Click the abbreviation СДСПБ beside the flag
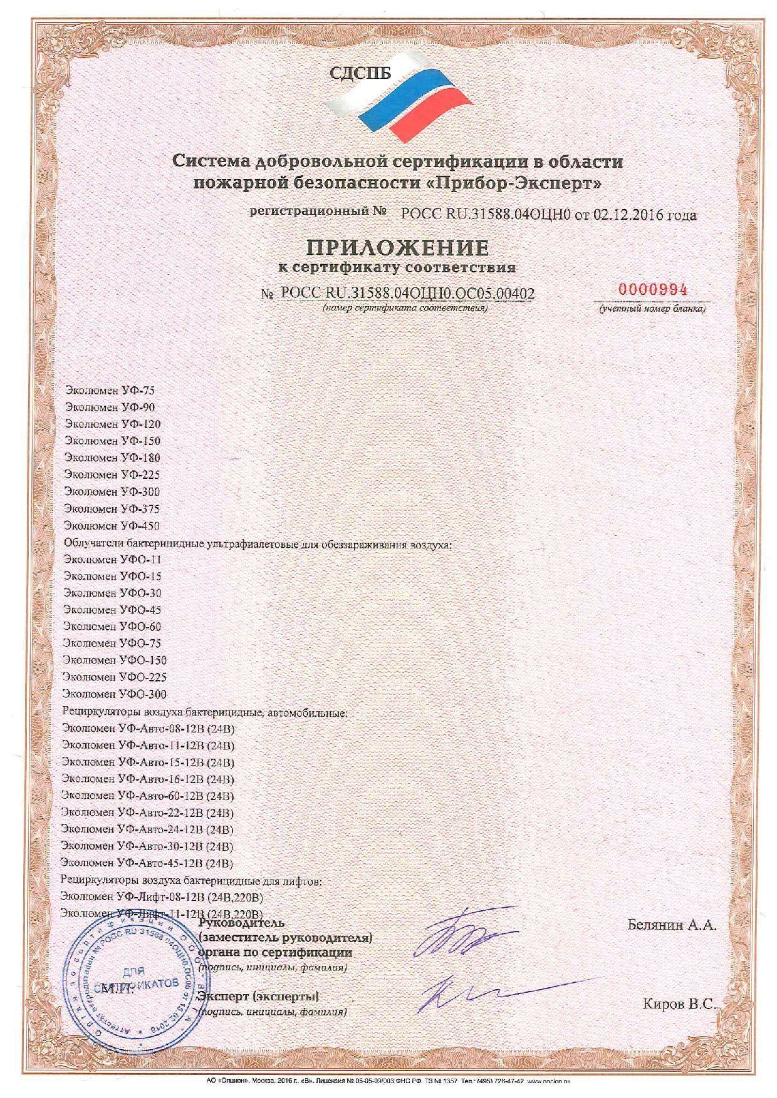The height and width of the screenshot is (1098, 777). coord(360,74)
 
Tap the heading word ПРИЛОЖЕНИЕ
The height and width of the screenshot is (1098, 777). coord(397,248)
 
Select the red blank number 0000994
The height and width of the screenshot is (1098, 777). coord(653,290)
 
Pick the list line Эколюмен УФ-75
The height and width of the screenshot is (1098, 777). coord(110,390)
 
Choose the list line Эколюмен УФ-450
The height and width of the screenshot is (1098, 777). coord(112,525)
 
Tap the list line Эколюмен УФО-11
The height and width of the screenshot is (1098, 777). coord(113,559)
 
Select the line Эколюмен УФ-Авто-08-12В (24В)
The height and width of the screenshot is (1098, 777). coord(149,729)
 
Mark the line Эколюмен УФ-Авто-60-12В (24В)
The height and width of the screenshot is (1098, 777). coord(148,796)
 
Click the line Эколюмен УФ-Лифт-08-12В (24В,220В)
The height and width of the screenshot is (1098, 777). coord(160,898)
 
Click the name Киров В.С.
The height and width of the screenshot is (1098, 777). coord(679,1004)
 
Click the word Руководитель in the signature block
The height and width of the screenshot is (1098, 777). coord(241,923)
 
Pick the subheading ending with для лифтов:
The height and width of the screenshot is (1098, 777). coord(191,881)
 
